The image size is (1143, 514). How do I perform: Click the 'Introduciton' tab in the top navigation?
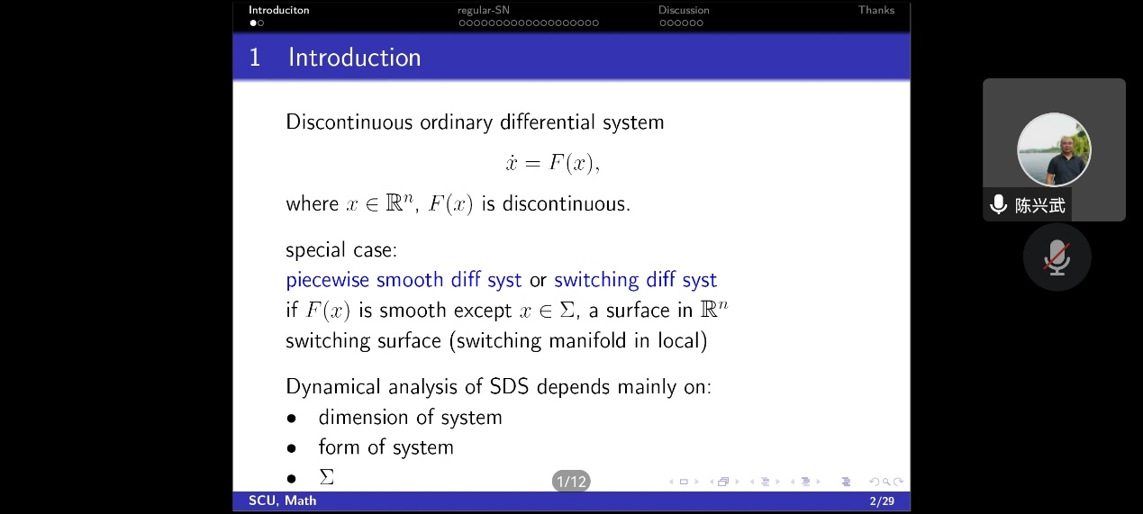pyautogui.click(x=278, y=10)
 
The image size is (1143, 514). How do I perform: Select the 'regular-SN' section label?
pyautogui.click(x=483, y=10)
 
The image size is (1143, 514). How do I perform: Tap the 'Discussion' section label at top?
pyautogui.click(x=684, y=10)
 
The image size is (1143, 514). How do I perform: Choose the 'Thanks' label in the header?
pyautogui.click(x=876, y=10)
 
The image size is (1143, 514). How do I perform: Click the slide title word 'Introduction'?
pyautogui.click(x=355, y=57)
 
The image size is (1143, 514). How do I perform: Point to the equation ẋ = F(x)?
pyautogui.click(x=553, y=163)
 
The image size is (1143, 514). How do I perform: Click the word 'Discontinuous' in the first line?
pyautogui.click(x=349, y=122)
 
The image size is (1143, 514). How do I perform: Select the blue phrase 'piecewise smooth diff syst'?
pyautogui.click(x=404, y=280)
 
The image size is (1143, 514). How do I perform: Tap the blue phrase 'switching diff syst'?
pyautogui.click(x=635, y=280)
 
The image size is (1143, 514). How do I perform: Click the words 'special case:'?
pyautogui.click(x=341, y=250)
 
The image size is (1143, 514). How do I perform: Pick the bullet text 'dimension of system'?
pyautogui.click(x=410, y=417)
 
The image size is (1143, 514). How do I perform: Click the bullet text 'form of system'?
pyautogui.click(x=386, y=447)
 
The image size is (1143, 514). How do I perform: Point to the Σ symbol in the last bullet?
pyautogui.click(x=327, y=477)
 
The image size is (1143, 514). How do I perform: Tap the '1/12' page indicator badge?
pyautogui.click(x=571, y=482)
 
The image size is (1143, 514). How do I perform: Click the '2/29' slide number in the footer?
pyautogui.click(x=882, y=501)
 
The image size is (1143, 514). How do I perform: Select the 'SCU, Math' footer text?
pyautogui.click(x=282, y=500)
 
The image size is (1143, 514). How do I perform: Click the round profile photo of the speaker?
pyautogui.click(x=1054, y=149)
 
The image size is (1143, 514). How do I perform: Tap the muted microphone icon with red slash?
pyautogui.click(x=1057, y=257)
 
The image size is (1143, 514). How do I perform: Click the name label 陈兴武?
pyautogui.click(x=1040, y=205)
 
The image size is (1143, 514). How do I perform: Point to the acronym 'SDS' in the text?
pyautogui.click(x=509, y=386)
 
